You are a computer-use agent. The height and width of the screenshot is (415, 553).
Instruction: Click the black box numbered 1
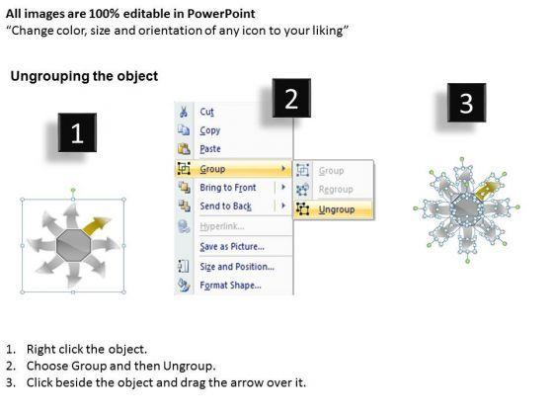77,132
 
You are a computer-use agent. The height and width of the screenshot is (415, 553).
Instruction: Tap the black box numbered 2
291,98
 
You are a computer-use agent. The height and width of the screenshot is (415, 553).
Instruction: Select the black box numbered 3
466,103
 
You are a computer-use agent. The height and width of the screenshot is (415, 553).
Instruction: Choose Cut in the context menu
206,112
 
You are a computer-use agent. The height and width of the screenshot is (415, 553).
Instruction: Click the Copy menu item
209,130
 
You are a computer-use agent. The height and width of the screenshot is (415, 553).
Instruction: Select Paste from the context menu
210,149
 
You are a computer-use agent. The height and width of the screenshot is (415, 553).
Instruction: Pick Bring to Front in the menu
228,188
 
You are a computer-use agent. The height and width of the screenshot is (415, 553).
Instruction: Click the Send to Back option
226,206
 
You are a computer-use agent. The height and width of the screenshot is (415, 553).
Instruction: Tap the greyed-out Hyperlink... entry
222,226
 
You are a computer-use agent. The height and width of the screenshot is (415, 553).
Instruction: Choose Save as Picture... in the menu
232,246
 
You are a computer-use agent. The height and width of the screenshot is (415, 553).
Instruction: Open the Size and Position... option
237,267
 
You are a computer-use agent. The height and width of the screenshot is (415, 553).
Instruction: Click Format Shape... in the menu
230,286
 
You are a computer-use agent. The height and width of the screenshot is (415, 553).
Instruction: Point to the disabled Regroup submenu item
336,190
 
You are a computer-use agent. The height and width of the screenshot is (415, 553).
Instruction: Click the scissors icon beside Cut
184,112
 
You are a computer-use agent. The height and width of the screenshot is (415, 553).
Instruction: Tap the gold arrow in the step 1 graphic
97,225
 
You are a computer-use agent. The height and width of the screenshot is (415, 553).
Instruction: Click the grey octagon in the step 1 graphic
73,245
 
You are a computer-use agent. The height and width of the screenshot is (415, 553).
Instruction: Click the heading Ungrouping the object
84,76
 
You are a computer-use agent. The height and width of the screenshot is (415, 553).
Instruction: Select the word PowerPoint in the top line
221,14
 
